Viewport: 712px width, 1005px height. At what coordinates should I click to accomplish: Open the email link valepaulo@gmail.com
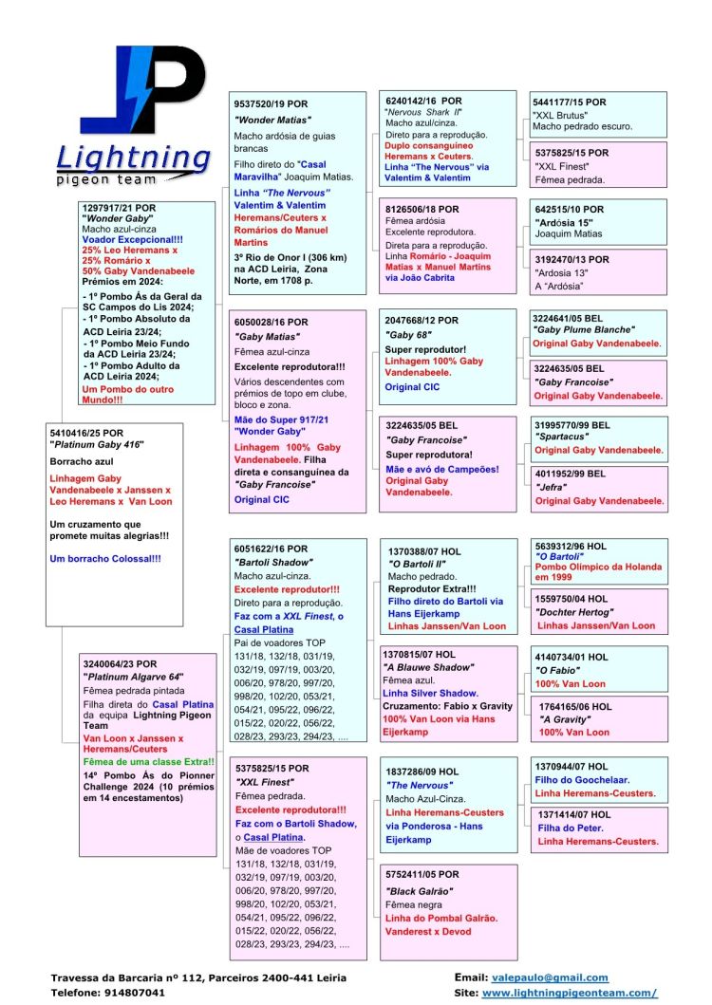click(550, 977)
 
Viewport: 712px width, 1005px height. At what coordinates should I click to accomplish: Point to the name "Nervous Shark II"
click(423, 112)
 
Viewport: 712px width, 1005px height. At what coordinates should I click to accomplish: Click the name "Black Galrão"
click(420, 891)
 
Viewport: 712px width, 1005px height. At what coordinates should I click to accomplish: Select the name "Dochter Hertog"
click(571, 612)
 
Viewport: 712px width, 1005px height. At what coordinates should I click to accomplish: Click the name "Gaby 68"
click(408, 335)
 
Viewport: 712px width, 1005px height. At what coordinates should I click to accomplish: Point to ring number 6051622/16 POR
click(271, 549)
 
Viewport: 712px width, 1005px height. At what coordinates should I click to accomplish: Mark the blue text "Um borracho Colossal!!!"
click(104, 558)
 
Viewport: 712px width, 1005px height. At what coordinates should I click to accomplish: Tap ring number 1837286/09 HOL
click(422, 772)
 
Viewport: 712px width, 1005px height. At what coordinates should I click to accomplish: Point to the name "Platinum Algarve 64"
click(132, 676)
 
